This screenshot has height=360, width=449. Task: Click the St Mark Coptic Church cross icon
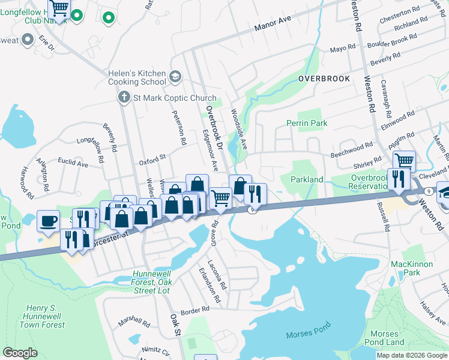point(124,97)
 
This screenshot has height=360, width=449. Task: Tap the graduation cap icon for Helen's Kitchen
point(175,77)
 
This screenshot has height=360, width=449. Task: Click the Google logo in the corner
point(20,353)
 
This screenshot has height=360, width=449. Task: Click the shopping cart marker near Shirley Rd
point(405,161)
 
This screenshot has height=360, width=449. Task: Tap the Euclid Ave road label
point(73,163)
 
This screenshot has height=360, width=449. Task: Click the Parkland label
point(307,179)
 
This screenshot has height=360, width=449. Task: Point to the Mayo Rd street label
point(343,49)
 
